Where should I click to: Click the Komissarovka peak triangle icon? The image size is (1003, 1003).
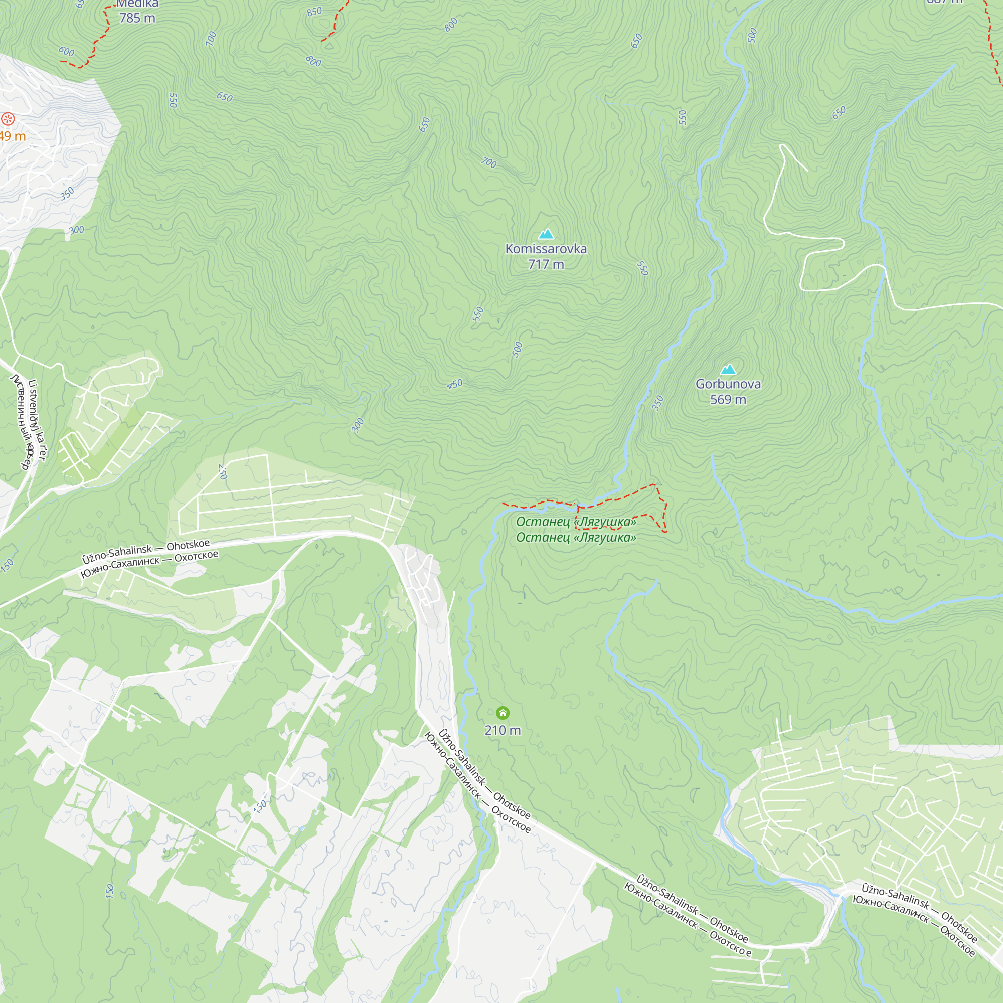coord(546,234)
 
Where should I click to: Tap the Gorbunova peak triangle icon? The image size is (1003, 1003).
coord(728,369)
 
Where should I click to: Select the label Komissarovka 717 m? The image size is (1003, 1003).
coord(546,256)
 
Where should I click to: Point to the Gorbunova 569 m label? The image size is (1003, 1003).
coord(728,392)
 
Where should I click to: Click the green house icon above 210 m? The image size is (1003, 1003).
coord(503,712)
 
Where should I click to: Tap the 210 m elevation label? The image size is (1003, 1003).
coord(503,730)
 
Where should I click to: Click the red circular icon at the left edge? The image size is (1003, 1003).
coord(7,119)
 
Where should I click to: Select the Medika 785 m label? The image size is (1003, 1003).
coord(137,12)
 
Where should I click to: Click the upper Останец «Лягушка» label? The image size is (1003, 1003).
coord(576,521)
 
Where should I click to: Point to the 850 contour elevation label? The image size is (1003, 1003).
coord(314,12)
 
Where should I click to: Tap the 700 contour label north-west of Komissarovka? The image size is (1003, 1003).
coord(488,163)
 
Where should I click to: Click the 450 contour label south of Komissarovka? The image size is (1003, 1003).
coord(455,384)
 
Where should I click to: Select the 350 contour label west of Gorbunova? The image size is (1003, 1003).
coord(658,403)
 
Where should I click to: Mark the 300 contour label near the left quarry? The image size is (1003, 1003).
coord(76,230)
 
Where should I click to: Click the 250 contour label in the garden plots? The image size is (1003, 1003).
coord(223,471)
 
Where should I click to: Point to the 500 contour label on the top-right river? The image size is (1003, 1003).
coord(753,35)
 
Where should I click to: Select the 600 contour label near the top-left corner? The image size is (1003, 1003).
coord(67,51)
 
